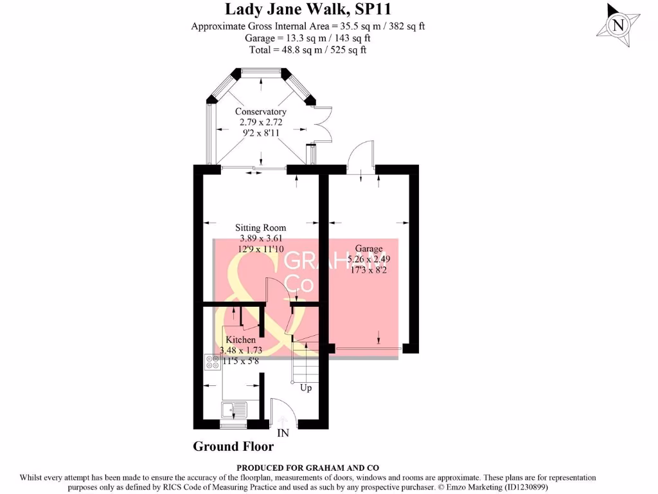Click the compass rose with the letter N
click(x=618, y=25)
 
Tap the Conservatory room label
click(x=260, y=111)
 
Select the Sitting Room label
click(x=260, y=228)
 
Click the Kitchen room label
click(x=240, y=340)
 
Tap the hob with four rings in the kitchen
click(x=212, y=361)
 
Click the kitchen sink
click(x=233, y=410)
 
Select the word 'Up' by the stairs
click(x=307, y=388)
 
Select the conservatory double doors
click(x=323, y=124)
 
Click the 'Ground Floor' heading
click(x=233, y=446)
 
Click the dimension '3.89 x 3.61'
click(x=260, y=238)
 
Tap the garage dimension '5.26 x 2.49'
click(x=368, y=259)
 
